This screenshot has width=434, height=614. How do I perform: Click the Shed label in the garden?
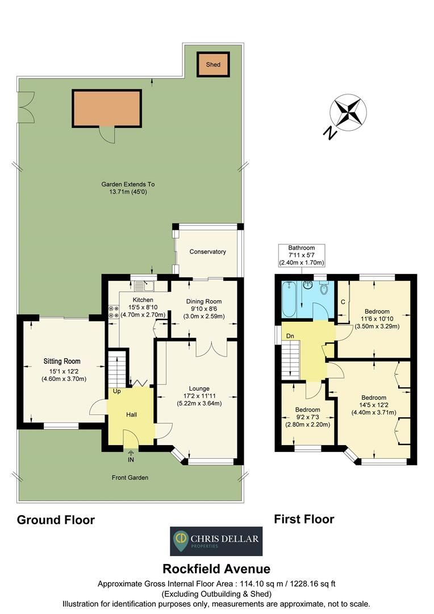point(213,65)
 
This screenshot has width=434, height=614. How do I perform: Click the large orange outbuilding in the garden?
point(106,108)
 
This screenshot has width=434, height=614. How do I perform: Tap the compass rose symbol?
point(348,111)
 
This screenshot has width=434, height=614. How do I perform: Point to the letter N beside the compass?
point(328,133)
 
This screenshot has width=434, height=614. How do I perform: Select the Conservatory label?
point(208,252)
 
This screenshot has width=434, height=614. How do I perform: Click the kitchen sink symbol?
point(147,287)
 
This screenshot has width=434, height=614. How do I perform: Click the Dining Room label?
point(204,301)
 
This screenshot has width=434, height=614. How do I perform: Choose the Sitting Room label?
point(62,361)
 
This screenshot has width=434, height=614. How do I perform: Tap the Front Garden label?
point(130,478)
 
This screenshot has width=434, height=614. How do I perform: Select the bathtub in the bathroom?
point(286,299)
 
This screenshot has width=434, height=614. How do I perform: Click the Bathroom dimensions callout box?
point(301,256)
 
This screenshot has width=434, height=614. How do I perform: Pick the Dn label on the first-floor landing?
point(290,335)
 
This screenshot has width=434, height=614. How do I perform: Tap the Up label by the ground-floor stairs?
point(116,392)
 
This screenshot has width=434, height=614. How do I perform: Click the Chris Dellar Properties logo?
point(216,541)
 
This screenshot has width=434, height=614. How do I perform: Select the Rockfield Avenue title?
point(216,569)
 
